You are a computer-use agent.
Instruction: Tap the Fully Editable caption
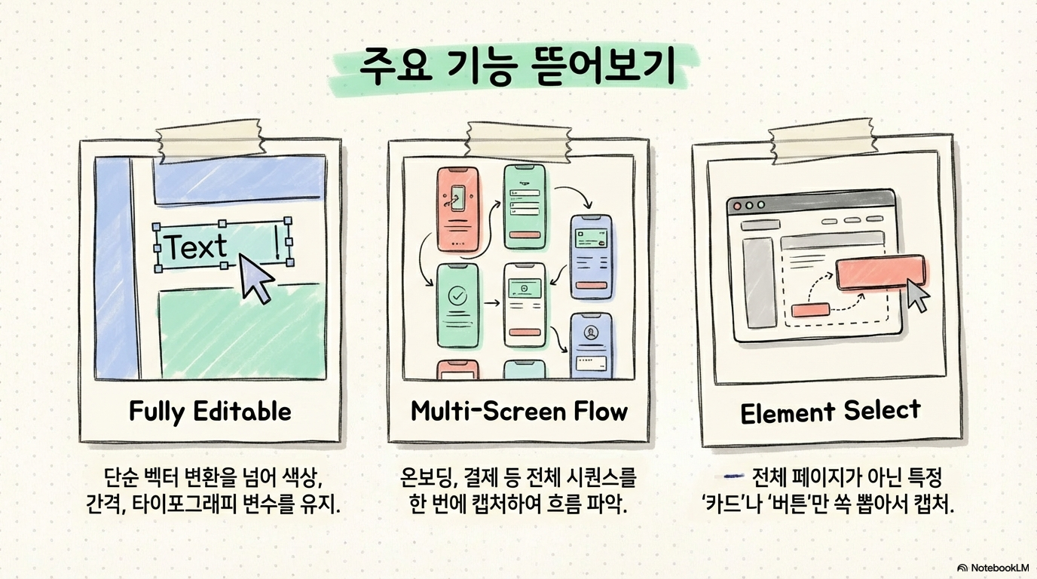click(210, 412)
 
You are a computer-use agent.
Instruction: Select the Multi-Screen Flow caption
click(518, 412)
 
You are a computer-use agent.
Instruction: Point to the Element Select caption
click(830, 412)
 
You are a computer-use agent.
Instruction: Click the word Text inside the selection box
click(196, 247)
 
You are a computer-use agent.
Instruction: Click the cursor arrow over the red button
click(917, 295)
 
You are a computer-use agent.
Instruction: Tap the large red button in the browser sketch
click(880, 272)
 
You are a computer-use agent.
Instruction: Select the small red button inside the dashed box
click(809, 309)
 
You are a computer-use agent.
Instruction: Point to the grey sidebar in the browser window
click(757, 283)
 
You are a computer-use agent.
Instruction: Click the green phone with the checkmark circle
click(457, 305)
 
